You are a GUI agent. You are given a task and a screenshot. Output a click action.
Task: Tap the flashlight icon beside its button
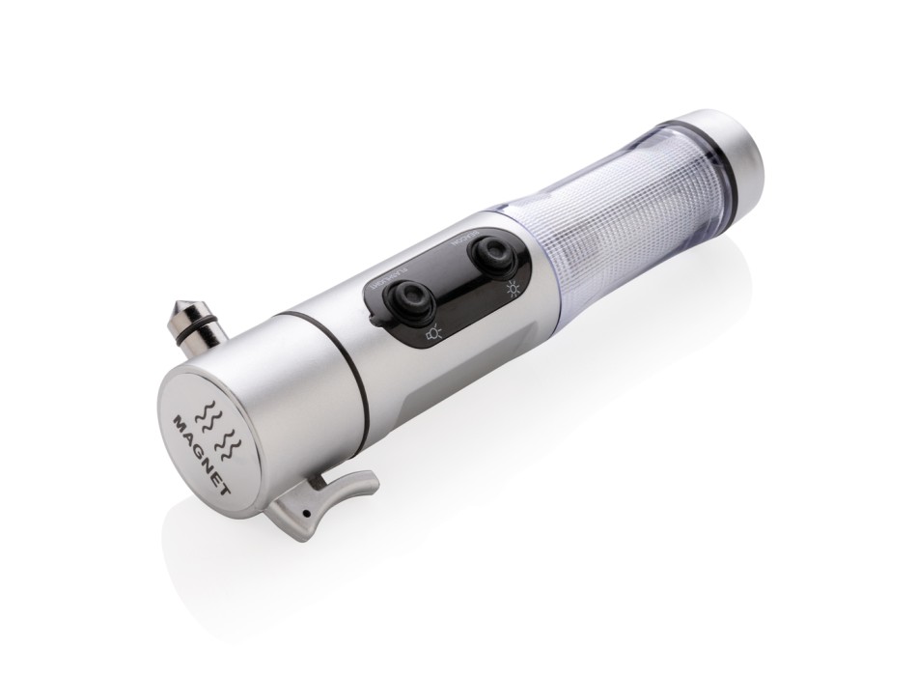[433, 334]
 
